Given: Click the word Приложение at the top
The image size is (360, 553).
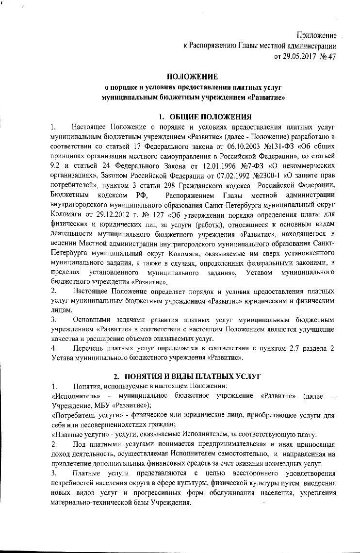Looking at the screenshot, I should (317, 35).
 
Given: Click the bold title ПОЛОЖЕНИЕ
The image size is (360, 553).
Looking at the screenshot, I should (193, 76).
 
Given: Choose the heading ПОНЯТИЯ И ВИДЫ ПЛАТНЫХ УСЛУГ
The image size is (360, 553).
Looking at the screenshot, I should (199, 376).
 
